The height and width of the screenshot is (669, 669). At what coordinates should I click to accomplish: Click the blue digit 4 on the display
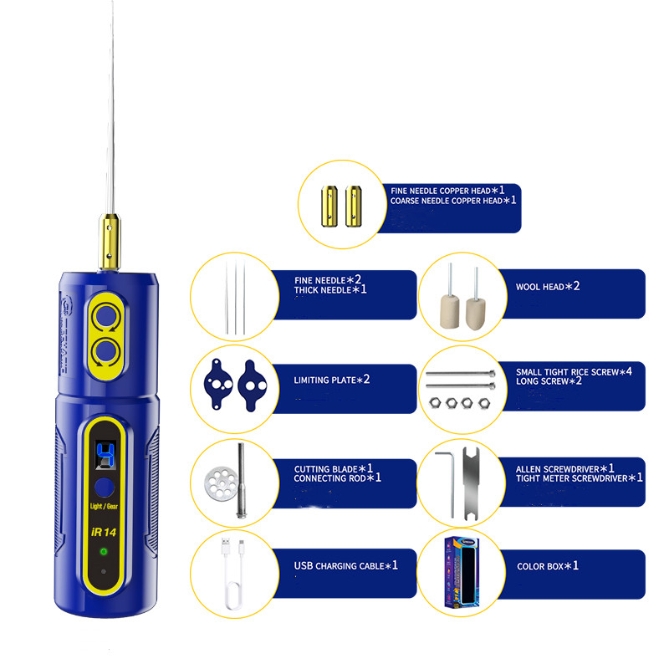tap(105, 455)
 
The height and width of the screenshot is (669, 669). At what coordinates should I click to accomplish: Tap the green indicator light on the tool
tap(103, 552)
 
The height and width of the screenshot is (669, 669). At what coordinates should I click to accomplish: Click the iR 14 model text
tap(104, 532)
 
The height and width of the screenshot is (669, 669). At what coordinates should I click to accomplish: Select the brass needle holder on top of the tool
tap(110, 242)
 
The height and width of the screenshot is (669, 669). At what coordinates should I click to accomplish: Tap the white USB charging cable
tap(233, 574)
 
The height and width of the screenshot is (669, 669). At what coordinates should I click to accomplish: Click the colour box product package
tap(462, 573)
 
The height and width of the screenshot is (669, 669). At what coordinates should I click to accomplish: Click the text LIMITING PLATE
tap(324, 380)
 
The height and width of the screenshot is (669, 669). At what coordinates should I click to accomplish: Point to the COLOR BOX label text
tap(540, 567)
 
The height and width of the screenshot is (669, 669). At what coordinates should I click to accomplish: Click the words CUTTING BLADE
tap(325, 469)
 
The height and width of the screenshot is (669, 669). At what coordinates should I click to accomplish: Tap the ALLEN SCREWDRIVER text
tap(557, 469)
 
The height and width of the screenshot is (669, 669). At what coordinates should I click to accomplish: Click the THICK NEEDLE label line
tap(323, 290)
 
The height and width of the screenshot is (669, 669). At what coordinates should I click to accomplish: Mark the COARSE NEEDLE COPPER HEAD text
tap(447, 201)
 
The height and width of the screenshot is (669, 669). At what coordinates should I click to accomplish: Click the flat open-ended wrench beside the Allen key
tap(471, 484)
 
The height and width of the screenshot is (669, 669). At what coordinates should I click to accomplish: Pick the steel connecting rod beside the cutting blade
tap(242, 480)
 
